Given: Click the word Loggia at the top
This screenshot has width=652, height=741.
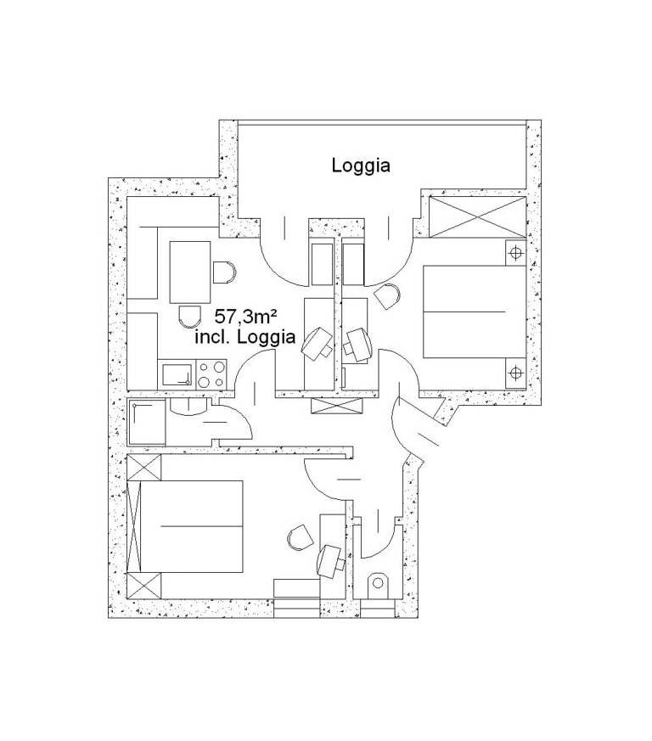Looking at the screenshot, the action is click(361, 166).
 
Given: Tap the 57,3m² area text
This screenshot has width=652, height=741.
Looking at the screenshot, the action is click(244, 317).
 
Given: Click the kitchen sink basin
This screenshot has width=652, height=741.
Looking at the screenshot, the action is click(177, 375).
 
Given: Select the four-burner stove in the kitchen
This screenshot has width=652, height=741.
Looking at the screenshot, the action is click(211, 374).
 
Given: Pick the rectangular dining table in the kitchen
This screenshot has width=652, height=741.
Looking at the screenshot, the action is click(190, 272).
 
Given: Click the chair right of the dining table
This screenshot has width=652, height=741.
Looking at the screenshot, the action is click(224, 272).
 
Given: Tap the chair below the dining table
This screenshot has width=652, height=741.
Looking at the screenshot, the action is click(190, 316).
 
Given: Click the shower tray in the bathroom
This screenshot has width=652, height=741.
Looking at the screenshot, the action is click(147, 423).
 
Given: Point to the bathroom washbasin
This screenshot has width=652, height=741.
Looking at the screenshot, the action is click(189, 407).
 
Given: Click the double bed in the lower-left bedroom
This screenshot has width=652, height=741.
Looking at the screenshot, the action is click(192, 526).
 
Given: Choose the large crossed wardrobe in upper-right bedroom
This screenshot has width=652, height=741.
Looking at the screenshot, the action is click(477, 217).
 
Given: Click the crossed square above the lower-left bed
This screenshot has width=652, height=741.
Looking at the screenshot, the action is click(144, 467).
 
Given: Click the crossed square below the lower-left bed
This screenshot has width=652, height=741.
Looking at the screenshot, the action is click(144, 585).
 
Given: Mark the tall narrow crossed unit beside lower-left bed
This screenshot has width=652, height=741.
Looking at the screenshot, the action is click(134, 526).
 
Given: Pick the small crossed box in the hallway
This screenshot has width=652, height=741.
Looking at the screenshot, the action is click(337, 406).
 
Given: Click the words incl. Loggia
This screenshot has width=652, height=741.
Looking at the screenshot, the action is click(245, 338).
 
